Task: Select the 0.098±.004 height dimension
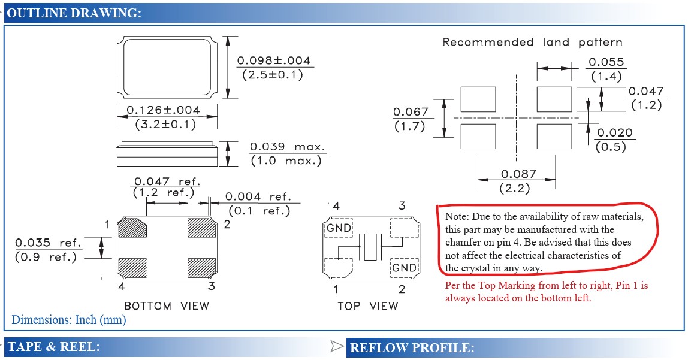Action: click(x=274, y=61)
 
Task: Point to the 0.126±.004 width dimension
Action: click(x=164, y=110)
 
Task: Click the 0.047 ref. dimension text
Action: click(x=167, y=181)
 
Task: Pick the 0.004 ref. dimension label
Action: click(x=258, y=196)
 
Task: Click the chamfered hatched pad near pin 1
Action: click(x=133, y=228)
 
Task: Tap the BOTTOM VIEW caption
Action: click(x=167, y=306)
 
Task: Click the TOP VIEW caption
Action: click(x=367, y=306)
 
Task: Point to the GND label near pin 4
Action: click(x=339, y=228)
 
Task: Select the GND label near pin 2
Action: click(x=404, y=267)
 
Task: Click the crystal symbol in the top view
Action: click(x=369, y=246)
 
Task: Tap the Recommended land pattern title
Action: click(x=532, y=42)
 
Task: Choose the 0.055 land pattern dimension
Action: click(x=606, y=62)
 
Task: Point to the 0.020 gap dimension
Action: click(x=614, y=133)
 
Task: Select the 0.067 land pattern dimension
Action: click(x=411, y=112)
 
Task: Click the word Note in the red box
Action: click(x=455, y=216)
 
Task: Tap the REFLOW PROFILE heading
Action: click(x=412, y=347)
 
